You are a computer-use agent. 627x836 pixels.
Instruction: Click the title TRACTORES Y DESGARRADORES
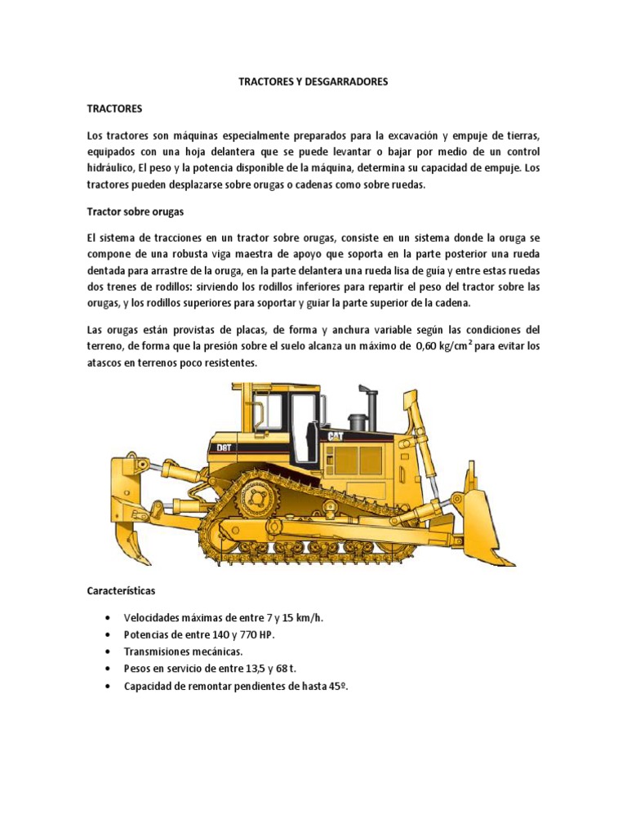[x=313, y=82]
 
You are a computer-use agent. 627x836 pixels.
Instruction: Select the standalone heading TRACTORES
[x=115, y=108]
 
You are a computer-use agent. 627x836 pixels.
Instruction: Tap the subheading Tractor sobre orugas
[x=136, y=211]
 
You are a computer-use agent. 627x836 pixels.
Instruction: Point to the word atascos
[x=108, y=363]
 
